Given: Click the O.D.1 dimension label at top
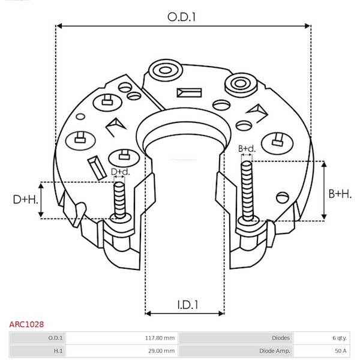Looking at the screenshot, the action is (181, 17).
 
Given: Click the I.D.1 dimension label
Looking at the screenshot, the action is (188, 305).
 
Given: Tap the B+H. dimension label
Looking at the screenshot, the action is (340, 194).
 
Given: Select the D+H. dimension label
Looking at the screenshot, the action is (25, 200).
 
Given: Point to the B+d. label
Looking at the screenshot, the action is (247, 149).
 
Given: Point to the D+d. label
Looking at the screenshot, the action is (121, 172).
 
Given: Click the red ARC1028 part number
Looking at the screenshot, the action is (26, 325).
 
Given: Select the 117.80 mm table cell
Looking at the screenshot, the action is (160, 338).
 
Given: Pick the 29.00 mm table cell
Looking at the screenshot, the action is (161, 351).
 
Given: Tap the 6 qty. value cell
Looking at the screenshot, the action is (340, 338).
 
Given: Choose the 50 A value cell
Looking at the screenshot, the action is (341, 351).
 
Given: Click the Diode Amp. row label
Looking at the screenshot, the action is (275, 351).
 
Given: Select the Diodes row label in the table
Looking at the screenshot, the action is (281, 338).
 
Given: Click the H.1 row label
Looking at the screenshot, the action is (58, 351).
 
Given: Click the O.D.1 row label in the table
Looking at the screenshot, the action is (55, 338).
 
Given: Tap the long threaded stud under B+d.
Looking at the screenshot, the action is (247, 191).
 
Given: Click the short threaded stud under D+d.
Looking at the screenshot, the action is (119, 199).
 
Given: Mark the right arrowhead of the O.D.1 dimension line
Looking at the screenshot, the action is (307, 26).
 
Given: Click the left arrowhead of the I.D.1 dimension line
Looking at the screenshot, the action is (148, 313).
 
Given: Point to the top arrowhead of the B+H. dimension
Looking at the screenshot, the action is (324, 164).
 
